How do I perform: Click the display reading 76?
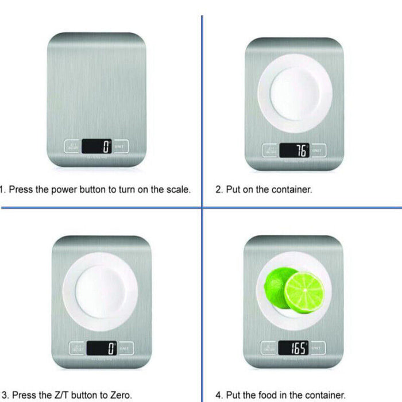[294, 150]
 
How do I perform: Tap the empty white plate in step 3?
[100, 291]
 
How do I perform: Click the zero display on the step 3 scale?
[101, 347]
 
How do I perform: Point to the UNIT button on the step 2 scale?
[316, 150]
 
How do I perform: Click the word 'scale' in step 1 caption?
[177, 189]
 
